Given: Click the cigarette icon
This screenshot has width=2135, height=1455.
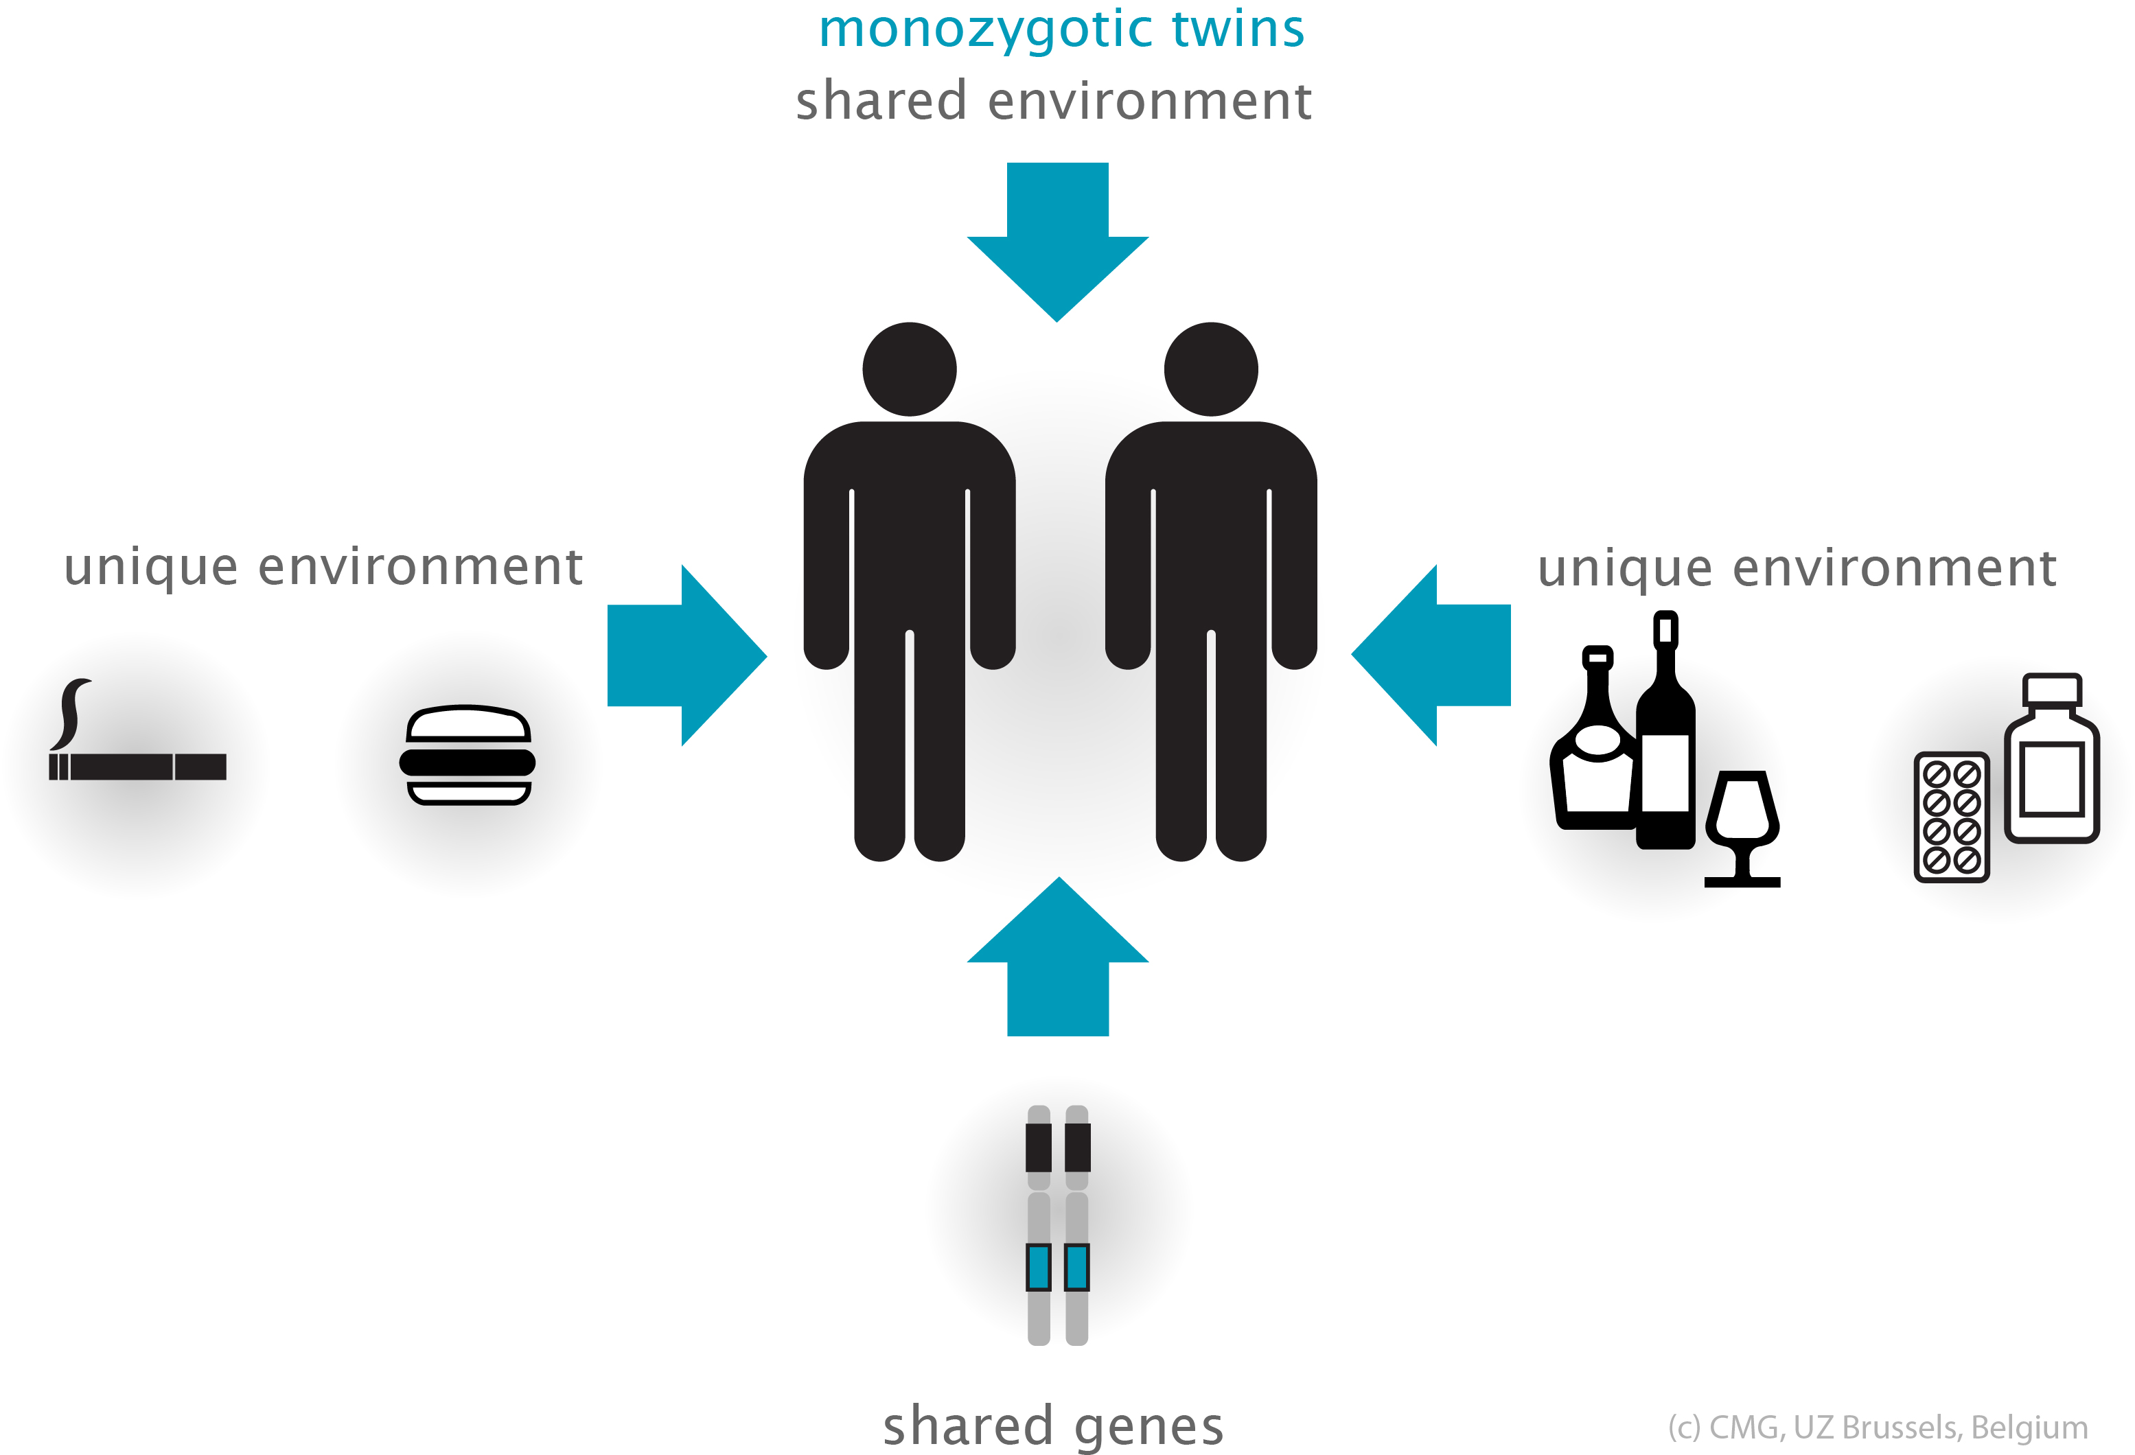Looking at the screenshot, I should click(138, 766).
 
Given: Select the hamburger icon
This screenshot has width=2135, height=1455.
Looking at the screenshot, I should click(468, 755).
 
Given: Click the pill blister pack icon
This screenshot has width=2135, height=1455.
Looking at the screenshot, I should click(1951, 817).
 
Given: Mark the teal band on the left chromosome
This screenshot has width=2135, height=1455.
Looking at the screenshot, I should click(1038, 1268).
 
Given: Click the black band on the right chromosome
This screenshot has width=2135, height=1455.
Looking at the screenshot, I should click(1076, 1148).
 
